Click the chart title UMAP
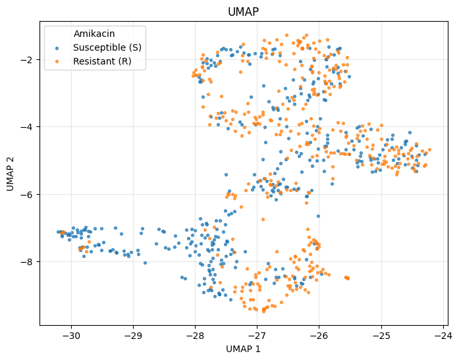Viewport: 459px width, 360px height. click(243, 12)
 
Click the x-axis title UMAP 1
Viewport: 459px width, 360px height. click(243, 349)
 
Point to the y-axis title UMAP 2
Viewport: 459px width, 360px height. click(11, 174)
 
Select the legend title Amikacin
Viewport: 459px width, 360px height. click(94, 34)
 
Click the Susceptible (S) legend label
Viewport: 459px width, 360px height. click(107, 47)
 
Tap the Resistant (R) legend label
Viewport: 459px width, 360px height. click(102, 61)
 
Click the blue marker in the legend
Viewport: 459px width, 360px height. click(57, 48)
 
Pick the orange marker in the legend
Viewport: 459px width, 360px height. click(57, 62)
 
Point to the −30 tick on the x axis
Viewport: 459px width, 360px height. click(71, 336)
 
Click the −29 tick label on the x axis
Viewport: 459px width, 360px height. click(133, 336)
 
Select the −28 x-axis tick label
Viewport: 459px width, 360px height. click(195, 336)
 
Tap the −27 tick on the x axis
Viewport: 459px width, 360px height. click(257, 336)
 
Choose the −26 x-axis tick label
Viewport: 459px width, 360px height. click(319, 336)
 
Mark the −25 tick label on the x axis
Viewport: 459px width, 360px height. click(381, 336)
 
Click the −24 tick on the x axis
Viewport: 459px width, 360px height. click(443, 336)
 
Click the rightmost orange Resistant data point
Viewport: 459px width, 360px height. click(430, 150)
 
